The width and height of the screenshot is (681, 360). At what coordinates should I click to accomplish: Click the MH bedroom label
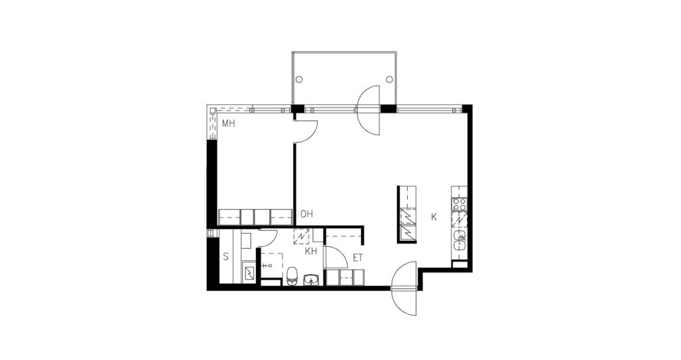(229, 124)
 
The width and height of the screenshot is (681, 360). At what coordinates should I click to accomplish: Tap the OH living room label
(307, 214)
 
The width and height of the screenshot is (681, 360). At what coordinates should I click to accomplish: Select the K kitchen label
(434, 217)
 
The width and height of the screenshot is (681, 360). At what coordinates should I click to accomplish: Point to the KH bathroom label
(311, 252)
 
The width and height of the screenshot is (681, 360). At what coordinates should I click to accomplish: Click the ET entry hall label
(357, 258)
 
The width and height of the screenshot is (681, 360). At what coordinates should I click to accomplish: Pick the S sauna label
(225, 256)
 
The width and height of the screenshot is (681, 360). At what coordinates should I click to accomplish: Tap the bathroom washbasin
(312, 279)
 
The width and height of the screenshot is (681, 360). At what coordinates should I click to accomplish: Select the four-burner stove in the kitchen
(460, 204)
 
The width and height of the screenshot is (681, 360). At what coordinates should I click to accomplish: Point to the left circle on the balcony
(299, 80)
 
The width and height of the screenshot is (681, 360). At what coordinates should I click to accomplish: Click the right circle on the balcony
(390, 80)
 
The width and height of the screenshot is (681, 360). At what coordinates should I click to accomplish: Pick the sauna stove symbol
(250, 273)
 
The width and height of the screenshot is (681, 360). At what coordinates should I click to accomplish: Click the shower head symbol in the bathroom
(270, 265)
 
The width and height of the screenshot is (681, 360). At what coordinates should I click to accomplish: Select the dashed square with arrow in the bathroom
(301, 236)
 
